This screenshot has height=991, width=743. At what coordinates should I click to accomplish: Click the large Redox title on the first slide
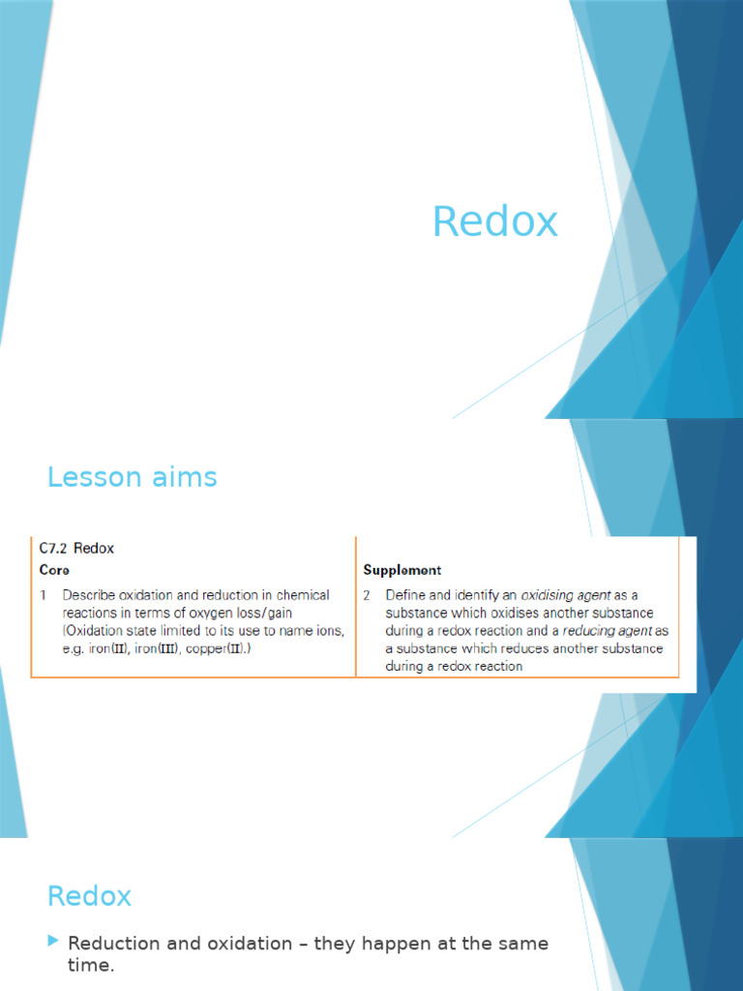494,222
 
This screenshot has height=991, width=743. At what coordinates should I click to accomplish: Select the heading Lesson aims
133,477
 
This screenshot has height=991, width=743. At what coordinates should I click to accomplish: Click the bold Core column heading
54,570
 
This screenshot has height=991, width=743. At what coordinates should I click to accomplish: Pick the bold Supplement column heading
402,570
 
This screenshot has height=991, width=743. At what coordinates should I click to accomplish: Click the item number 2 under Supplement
367,595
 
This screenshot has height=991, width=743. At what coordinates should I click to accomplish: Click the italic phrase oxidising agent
565,595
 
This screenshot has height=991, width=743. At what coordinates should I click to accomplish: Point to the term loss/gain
275,613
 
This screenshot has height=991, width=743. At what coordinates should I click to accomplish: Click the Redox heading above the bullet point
89,896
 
